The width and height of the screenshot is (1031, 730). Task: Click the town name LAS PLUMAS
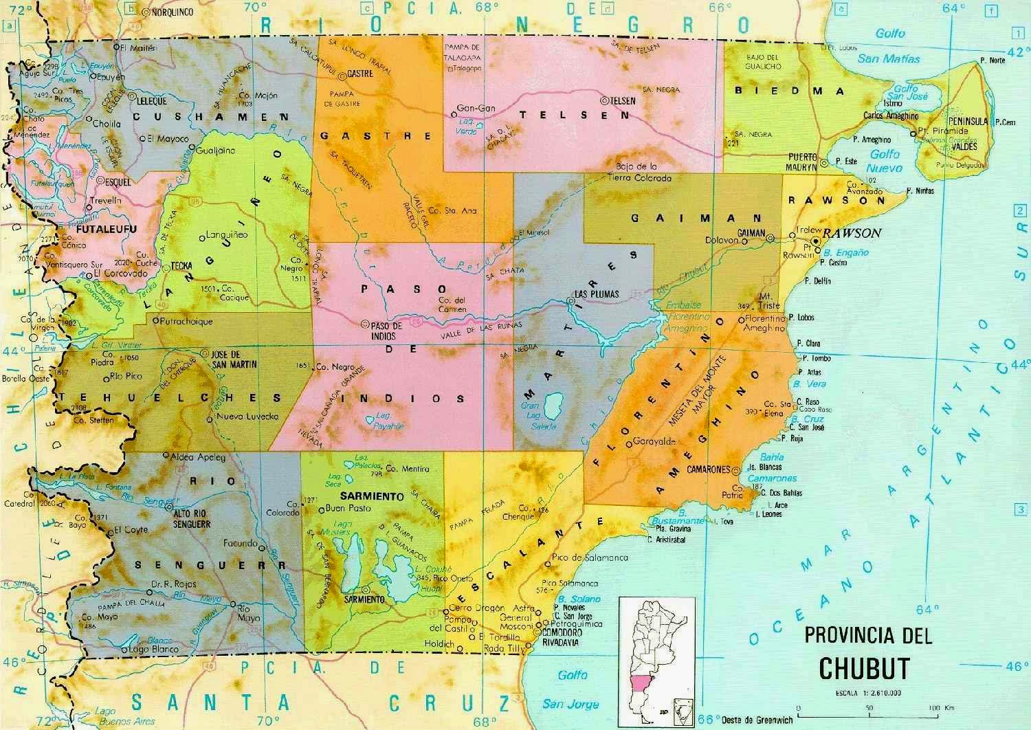[596, 294]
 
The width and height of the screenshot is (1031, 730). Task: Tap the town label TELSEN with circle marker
[621, 100]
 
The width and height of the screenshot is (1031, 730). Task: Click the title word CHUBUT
[865, 667]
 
